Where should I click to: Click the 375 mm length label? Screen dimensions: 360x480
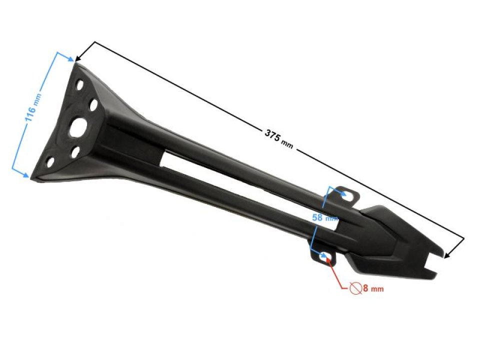click(x=278, y=138)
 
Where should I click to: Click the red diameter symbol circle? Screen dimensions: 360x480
click(x=355, y=288)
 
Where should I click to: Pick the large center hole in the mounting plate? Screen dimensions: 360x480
click(x=78, y=128)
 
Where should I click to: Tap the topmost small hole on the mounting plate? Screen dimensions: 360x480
click(x=79, y=85)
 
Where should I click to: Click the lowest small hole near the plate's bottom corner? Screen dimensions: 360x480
click(x=50, y=162)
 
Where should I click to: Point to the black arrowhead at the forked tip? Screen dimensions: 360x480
click(x=447, y=255)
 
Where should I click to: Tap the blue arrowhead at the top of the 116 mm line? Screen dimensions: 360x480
click(x=70, y=58)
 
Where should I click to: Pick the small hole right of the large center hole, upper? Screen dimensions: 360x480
click(x=93, y=105)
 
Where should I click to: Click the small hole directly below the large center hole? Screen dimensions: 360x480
click(x=75, y=152)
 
